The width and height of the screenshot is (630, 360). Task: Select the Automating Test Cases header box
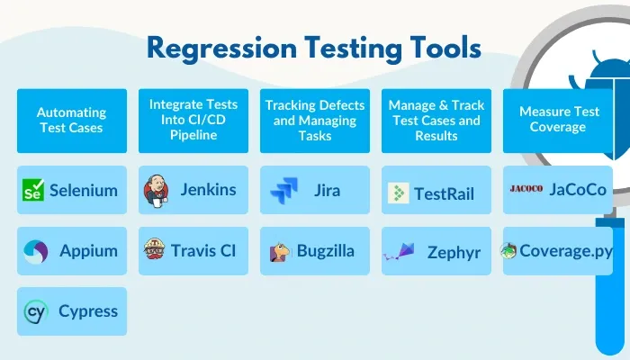[72, 121]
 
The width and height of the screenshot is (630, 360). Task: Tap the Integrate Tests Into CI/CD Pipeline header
[193, 121]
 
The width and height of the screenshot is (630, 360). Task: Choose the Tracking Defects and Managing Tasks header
[315, 121]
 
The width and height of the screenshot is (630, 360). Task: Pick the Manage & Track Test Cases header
[436, 121]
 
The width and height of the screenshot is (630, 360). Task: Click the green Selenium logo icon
[34, 190]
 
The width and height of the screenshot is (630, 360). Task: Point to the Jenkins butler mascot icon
[156, 190]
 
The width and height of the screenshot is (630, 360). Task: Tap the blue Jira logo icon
[283, 191]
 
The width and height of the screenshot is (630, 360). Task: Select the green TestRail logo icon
[398, 192]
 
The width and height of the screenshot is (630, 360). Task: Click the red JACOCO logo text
[526, 189]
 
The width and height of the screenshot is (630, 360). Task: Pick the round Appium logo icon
[35, 251]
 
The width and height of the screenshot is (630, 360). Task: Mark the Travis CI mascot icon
[156, 250]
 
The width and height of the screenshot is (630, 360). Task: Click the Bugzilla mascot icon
[280, 252]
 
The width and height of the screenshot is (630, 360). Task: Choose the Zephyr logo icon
[398, 251]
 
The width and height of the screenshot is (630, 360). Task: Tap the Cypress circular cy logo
[35, 311]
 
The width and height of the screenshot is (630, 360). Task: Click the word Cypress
[88, 311]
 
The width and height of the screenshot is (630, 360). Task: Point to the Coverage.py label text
[565, 251]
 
